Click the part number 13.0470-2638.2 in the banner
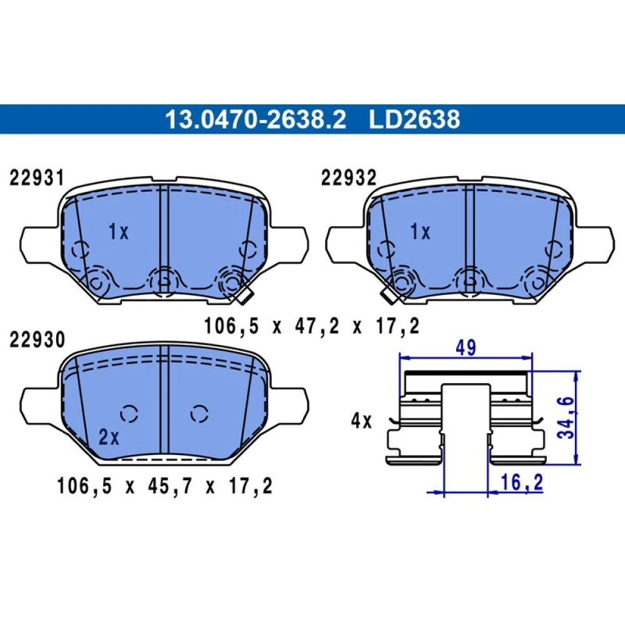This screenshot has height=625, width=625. coord(256,119)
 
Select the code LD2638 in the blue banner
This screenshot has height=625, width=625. coord(414,119)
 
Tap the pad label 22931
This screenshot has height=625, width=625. coord(37,177)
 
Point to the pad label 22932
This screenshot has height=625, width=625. coord(348,177)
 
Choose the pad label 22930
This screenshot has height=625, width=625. coord(37,340)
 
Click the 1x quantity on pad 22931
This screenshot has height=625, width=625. coord(118,232)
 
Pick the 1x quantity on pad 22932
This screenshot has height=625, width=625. coord(420,232)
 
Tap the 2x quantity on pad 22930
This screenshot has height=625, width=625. coord(109,437)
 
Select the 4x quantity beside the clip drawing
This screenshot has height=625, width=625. coord(361,421)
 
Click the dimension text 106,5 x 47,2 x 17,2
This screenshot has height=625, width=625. coord(312,326)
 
